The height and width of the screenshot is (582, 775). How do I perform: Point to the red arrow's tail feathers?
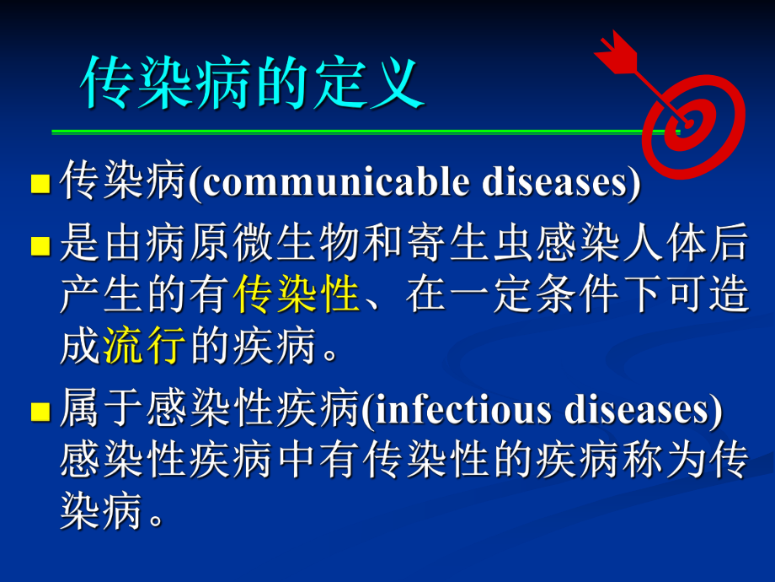(613, 50)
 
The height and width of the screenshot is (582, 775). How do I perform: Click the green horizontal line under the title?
(354, 132)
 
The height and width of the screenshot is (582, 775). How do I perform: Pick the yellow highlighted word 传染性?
(297, 296)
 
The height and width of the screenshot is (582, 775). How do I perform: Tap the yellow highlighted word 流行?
(144, 346)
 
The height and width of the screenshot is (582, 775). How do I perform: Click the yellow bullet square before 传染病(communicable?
(40, 185)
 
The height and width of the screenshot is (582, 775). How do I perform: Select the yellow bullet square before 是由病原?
(40, 246)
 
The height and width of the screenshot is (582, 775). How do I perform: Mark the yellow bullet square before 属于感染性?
(40, 412)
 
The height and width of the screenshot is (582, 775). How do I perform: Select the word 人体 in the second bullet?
(663, 246)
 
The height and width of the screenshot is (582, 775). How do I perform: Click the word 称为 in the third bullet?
(663, 461)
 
